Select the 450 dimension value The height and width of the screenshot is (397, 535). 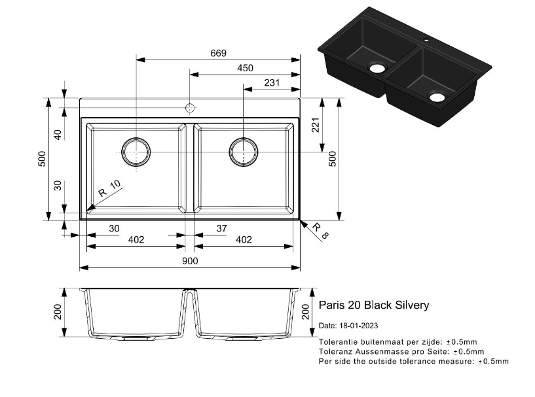point(245,68)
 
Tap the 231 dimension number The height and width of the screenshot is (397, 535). point(272,83)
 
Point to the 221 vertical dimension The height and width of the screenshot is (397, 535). point(315,125)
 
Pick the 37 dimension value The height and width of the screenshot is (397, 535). point(221,228)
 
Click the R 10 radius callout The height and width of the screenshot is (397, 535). point(109,190)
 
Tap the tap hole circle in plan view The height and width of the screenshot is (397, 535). point(190,107)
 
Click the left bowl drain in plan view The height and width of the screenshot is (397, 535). point(136,152)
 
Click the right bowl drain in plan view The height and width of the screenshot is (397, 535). point(243,152)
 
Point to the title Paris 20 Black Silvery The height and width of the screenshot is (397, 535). point(374,305)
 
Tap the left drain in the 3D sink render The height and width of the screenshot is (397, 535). point(377,67)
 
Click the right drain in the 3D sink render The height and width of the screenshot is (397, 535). point(437,98)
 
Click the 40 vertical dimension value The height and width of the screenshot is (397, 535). point(58,134)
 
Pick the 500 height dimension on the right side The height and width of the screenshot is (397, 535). point(332,159)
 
